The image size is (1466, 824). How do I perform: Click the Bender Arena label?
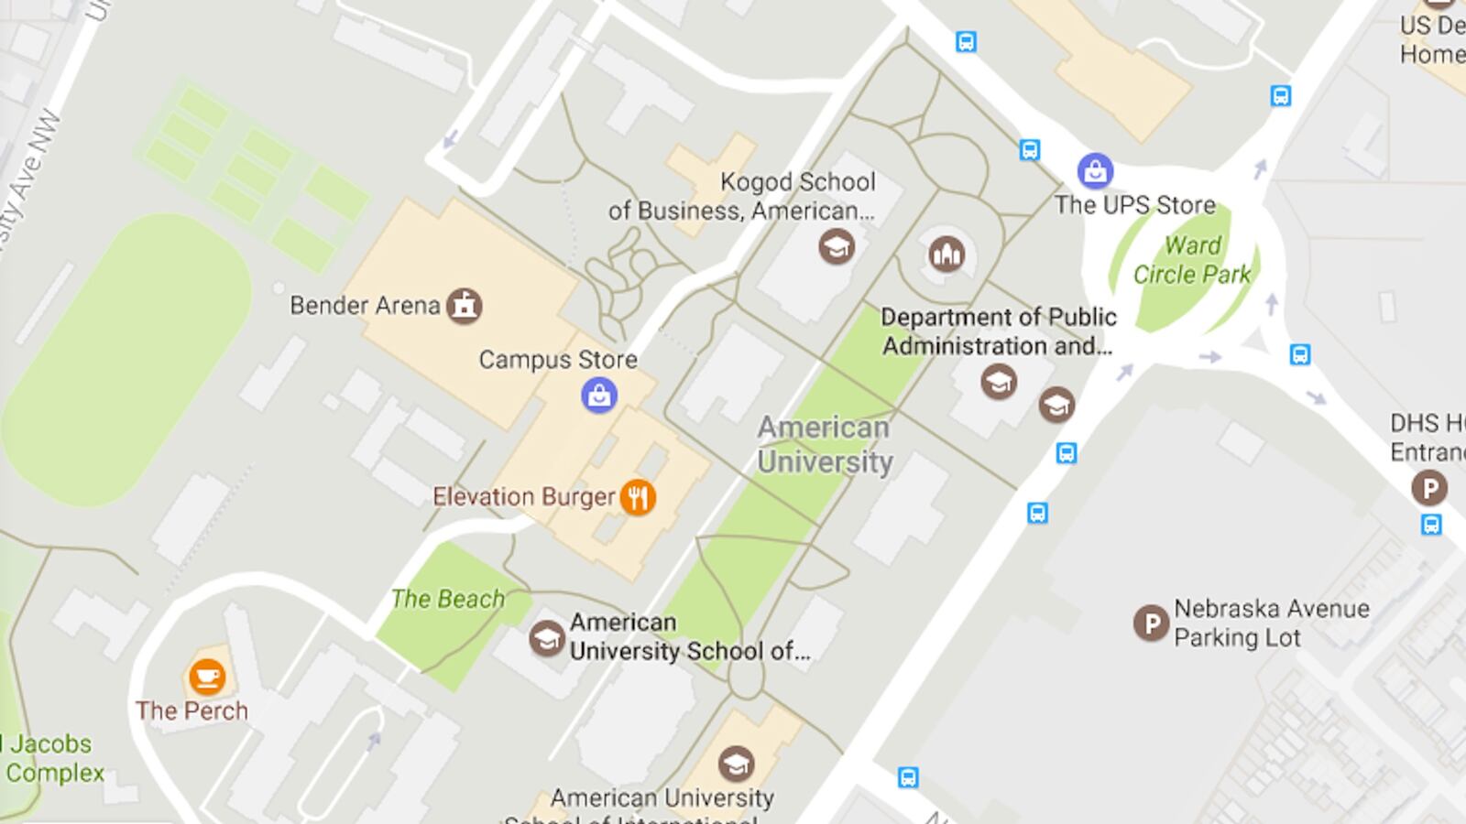365,306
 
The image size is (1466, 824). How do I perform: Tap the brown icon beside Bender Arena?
465,306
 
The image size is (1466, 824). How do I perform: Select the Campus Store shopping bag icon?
599,396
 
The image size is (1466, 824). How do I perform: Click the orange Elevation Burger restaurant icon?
638,497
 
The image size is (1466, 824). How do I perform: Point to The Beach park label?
447,599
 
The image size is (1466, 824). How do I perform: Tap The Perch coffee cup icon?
207,678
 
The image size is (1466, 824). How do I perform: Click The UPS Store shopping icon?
1095,170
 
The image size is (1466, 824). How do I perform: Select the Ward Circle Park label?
1192,260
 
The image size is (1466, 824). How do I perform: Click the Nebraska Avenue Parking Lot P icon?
1151,623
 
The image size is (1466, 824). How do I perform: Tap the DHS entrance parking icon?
1428,487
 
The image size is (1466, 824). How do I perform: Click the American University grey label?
825,445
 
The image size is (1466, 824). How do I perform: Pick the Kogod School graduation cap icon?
836,246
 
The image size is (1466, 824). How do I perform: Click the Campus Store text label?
558,360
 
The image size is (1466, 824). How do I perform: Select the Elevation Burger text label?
523,497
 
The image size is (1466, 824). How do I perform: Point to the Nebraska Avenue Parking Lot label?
1271,623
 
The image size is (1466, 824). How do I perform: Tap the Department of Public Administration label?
998,331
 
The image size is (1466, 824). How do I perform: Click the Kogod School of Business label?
742,196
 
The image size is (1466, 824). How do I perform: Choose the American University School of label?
689,636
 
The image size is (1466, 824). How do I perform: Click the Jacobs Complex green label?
51,758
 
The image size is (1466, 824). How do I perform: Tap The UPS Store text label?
1134,205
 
